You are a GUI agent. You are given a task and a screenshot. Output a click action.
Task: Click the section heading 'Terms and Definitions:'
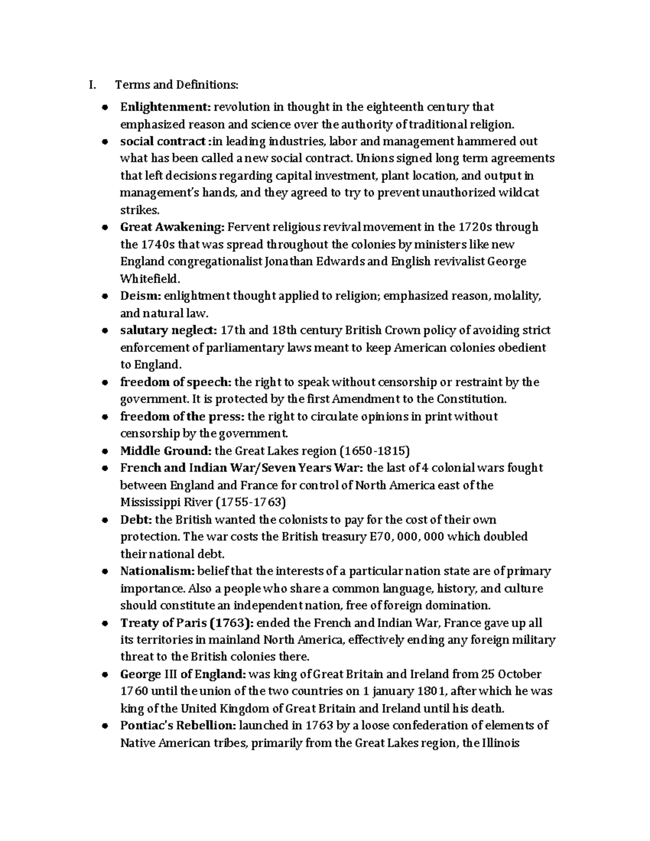[176, 84]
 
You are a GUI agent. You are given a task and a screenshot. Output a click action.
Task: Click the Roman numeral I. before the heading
[93, 84]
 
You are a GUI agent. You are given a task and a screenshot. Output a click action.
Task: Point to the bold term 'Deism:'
[140, 296]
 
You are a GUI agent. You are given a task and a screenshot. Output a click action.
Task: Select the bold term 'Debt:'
[136, 520]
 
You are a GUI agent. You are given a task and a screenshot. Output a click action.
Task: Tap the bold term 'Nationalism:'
[157, 571]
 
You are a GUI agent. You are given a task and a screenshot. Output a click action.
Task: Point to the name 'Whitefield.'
[149, 279]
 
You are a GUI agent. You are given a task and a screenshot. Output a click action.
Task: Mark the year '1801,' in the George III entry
[432, 691]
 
